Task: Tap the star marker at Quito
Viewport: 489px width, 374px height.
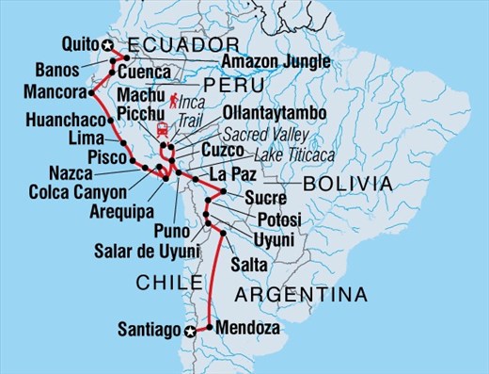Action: [107, 44]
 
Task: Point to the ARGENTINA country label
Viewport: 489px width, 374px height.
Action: [300, 295]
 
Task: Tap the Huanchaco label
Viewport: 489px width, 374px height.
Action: [55, 121]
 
